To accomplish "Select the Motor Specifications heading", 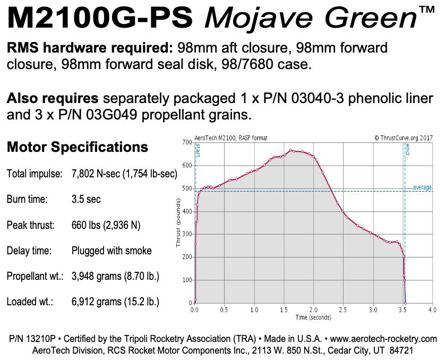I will (78, 147).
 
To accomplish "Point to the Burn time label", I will (27, 200).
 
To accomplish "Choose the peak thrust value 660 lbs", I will (106, 225).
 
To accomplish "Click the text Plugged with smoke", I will (112, 251).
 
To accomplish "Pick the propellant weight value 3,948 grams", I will (116, 277).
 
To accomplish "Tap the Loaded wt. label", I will (29, 302).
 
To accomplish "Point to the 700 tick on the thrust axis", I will (186, 142).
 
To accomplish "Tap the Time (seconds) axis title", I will (313, 317).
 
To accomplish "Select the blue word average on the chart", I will (422, 187).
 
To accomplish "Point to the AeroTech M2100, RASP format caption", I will (231, 138).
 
